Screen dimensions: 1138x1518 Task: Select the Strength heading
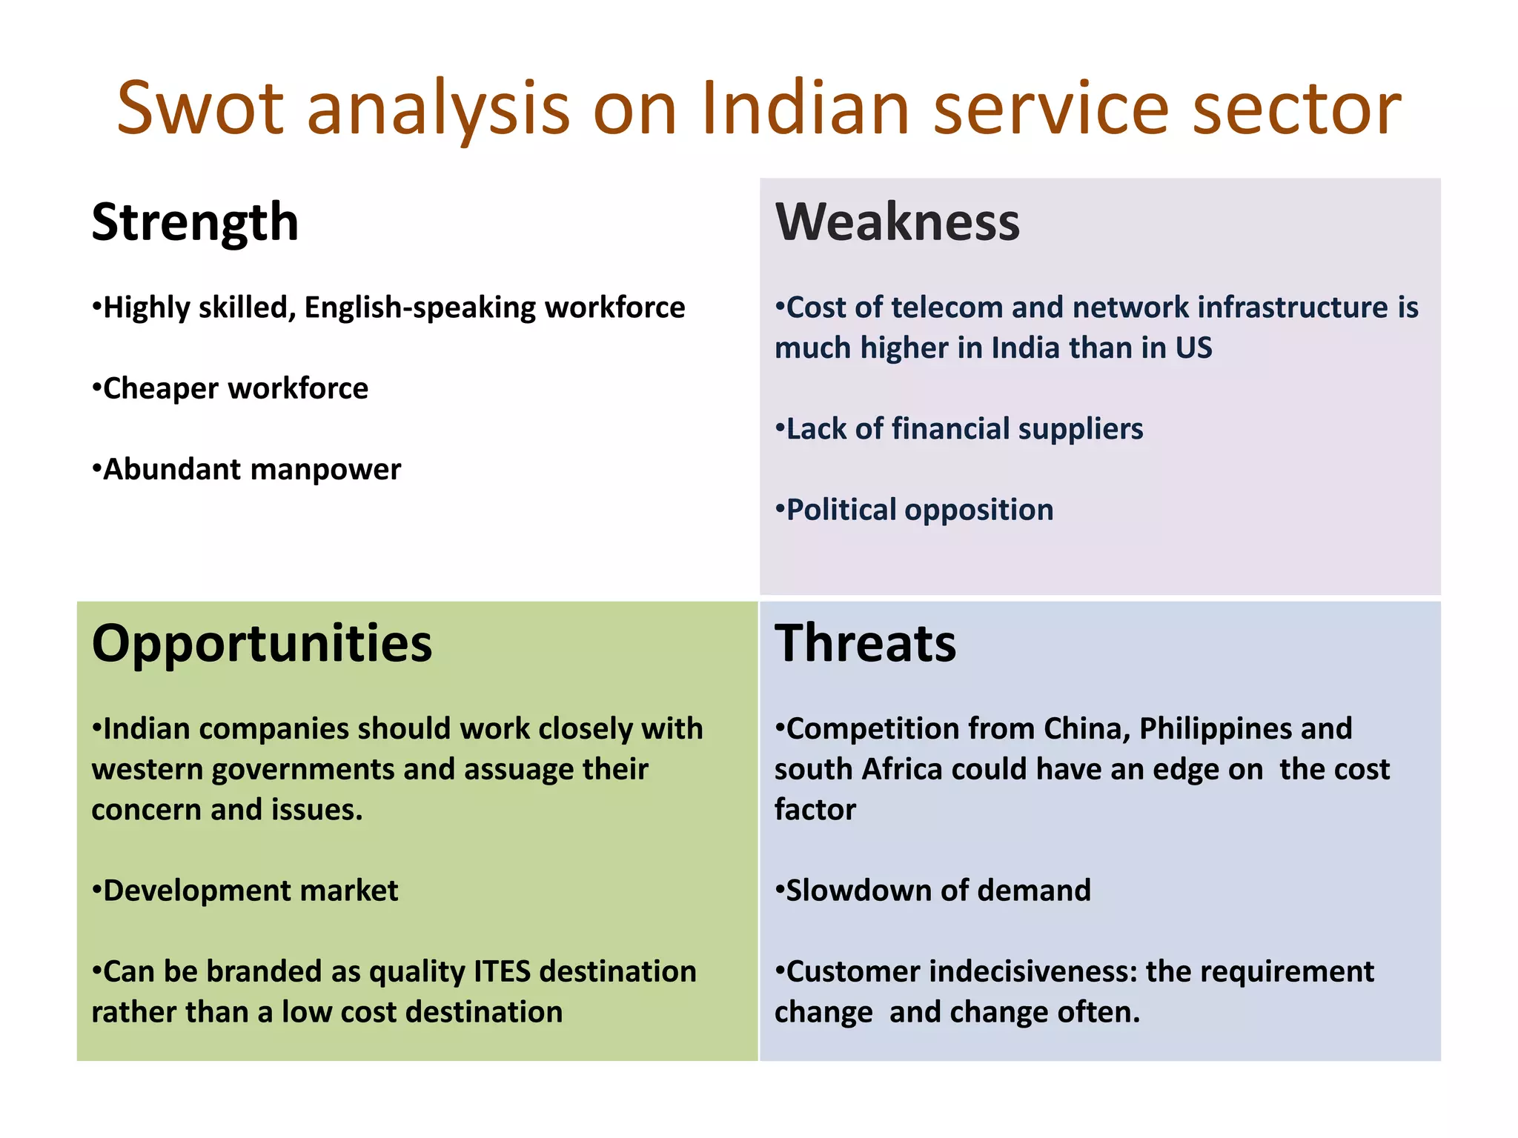195,222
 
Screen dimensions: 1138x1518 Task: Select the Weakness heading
897,222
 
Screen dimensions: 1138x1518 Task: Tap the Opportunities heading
262,642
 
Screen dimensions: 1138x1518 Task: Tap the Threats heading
865,642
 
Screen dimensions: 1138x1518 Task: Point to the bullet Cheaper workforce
230,388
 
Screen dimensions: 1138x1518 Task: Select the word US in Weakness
1193,348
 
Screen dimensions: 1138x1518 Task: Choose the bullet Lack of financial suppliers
959,429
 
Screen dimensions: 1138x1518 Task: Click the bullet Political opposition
915,510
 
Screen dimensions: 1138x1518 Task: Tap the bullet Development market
245,891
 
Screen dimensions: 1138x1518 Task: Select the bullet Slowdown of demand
933,891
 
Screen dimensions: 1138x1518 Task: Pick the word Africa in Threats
902,770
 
